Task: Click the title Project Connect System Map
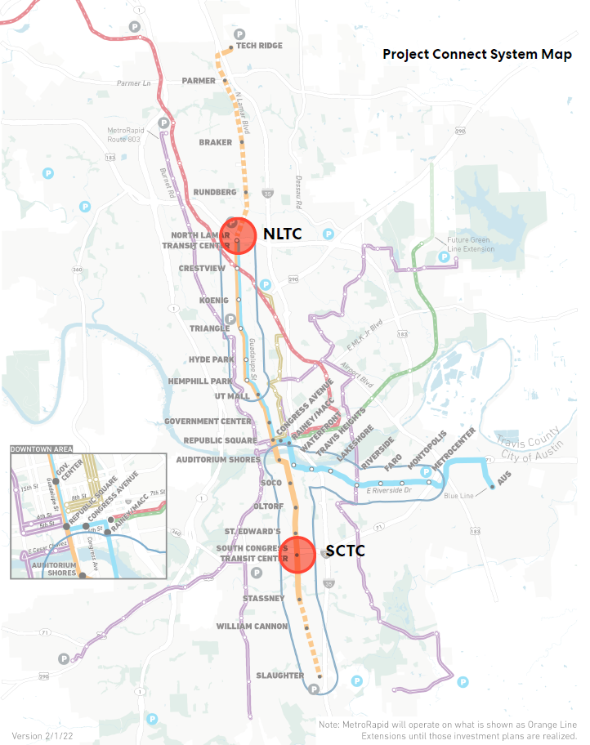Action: [477, 55]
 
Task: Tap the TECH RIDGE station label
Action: [259, 46]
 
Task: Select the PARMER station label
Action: [199, 81]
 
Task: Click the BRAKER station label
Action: [216, 142]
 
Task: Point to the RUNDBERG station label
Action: [215, 192]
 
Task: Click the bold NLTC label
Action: [282, 234]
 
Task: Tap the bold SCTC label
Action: [345, 551]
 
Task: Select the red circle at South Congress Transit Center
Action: [297, 555]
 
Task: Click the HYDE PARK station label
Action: [212, 359]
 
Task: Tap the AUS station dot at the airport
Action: [492, 488]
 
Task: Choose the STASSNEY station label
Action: [263, 599]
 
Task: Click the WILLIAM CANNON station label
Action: [252, 627]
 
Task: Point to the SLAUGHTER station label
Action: [279, 676]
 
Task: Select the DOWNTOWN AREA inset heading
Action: [42, 448]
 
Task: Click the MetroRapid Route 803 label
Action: [136, 135]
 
